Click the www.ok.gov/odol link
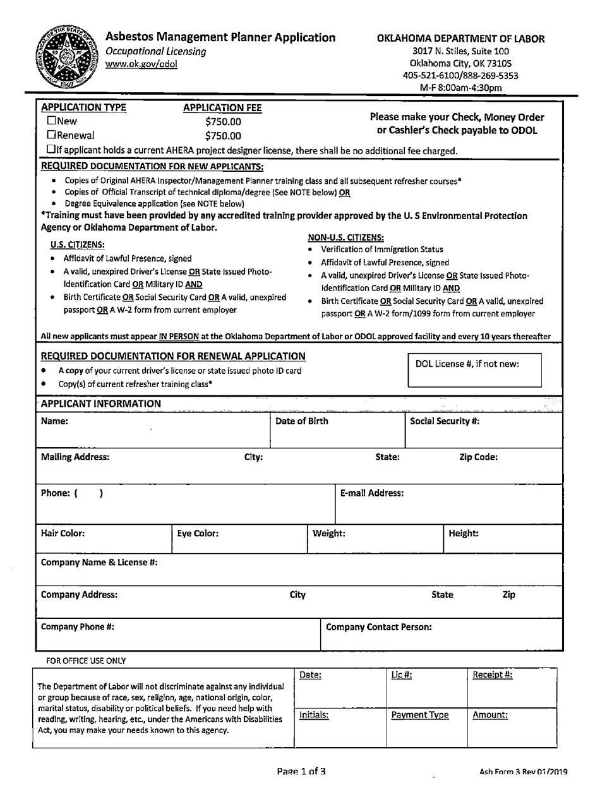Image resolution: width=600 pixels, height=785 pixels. pos(141,63)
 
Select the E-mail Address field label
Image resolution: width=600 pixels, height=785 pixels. pos(372,493)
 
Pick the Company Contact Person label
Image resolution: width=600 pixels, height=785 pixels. pos(379,628)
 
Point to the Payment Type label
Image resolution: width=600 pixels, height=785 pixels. pos(420,715)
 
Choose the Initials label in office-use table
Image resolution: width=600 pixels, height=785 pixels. pos(314,715)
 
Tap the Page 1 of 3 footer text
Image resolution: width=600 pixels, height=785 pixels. pos(302,771)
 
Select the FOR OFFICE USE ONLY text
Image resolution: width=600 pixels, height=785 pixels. pos(86,661)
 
